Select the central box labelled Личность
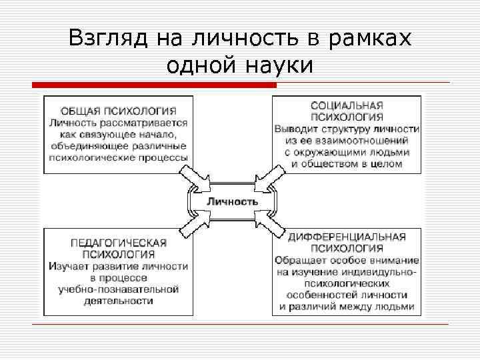232,201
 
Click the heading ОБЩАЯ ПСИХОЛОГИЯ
119,111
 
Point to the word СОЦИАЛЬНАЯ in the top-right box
347,105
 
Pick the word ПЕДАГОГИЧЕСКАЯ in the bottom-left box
119,243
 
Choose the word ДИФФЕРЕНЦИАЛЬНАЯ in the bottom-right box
347,237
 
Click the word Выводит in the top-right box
295,129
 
